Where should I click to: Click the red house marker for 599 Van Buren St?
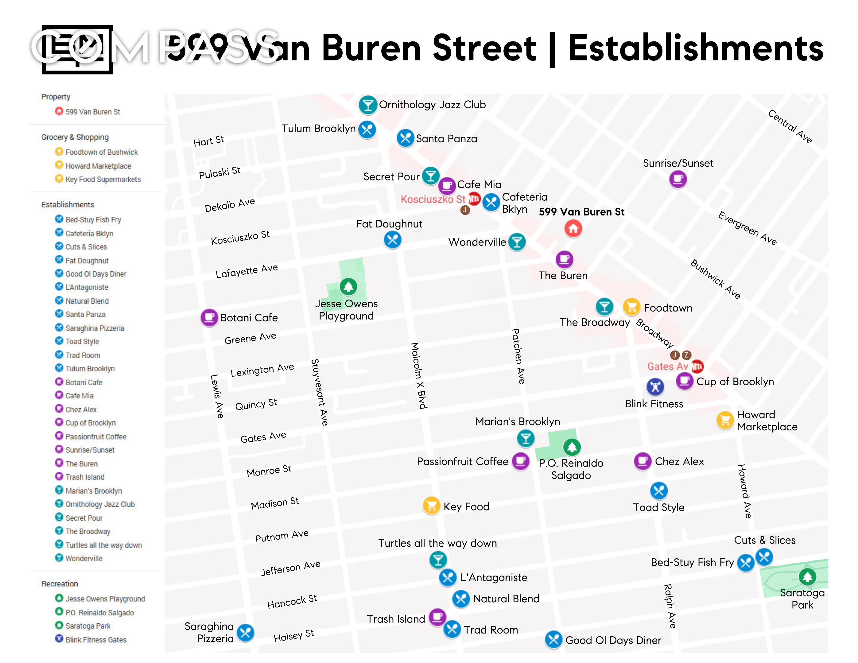pos(573,228)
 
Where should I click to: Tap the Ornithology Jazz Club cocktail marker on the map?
pos(367,105)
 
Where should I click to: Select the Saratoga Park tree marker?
pos(807,576)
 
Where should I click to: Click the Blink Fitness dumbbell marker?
pos(655,387)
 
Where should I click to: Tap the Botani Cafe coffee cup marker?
pos(209,317)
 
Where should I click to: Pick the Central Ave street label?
pos(790,126)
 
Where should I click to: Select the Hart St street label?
pos(209,141)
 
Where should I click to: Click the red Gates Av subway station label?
pos(667,366)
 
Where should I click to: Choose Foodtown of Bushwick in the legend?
pos(101,152)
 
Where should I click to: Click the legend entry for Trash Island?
pos(85,477)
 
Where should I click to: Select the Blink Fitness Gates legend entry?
pos(96,639)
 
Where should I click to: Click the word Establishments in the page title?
pos(695,49)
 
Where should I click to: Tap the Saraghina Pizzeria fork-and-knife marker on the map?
pos(246,632)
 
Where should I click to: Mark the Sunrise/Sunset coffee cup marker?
pos(678,180)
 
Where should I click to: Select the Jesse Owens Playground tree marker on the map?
pos(348,286)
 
